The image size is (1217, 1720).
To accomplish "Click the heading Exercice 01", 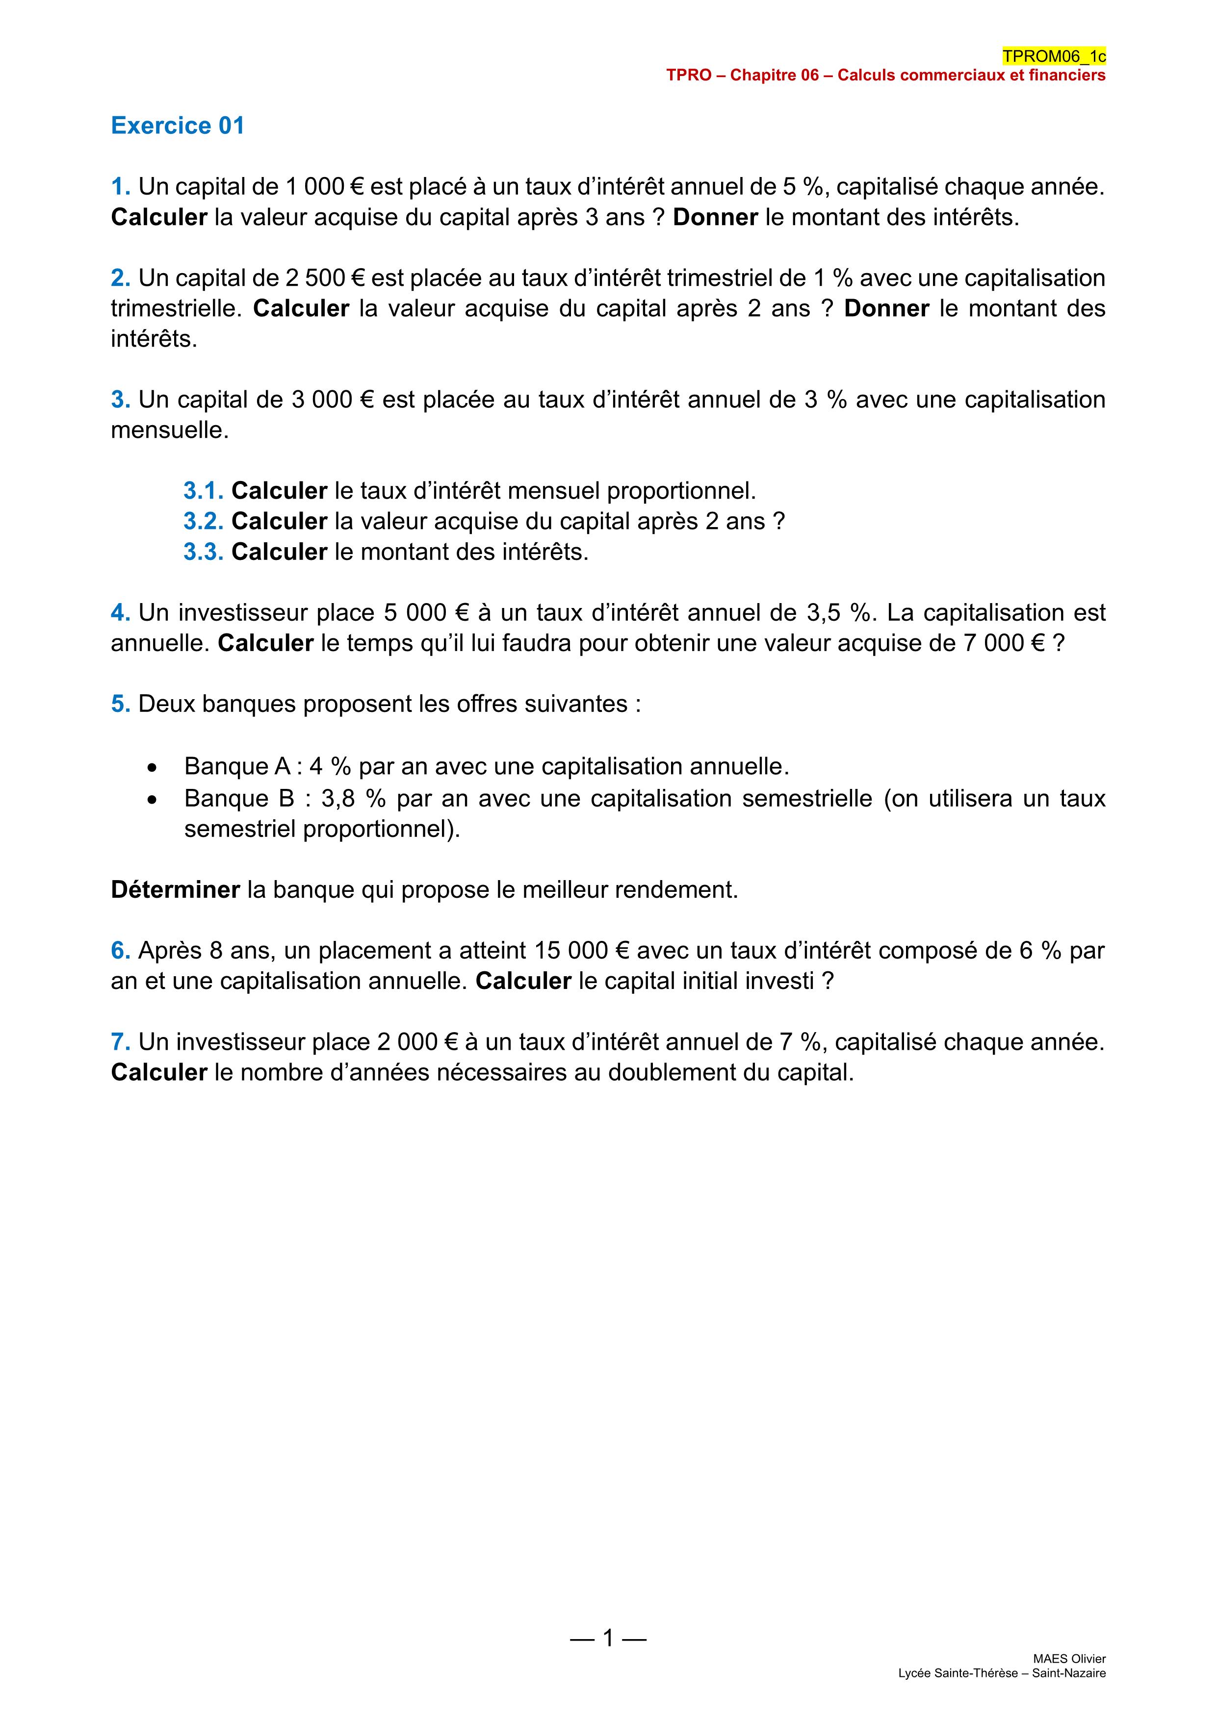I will (178, 125).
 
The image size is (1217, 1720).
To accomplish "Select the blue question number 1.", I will (120, 186).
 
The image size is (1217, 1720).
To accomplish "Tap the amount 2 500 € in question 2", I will (325, 278).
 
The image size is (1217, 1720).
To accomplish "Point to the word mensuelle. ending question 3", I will (169, 431).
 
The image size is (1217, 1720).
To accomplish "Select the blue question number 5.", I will (120, 704).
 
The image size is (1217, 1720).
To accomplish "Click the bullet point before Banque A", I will (153, 768).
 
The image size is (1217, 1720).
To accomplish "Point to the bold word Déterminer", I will (175, 890).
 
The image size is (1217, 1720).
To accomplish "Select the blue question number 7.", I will (120, 1042).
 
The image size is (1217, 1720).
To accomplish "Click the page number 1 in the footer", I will (608, 1638).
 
